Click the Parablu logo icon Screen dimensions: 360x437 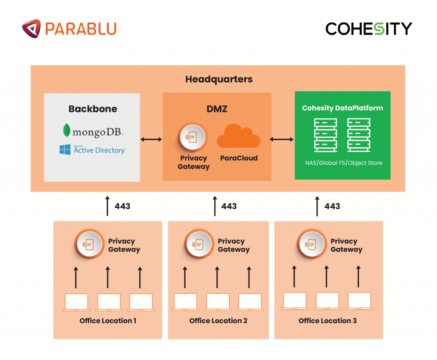(32, 29)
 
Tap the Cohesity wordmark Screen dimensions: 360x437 (369, 29)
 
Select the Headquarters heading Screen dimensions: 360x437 (218, 79)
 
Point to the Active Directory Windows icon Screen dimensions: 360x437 (65, 149)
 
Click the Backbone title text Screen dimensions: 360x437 (93, 109)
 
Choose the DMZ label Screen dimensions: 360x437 (217, 109)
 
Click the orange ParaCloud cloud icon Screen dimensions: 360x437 (239, 137)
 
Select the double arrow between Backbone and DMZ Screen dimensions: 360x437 (151, 139)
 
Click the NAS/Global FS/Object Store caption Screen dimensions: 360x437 (344, 163)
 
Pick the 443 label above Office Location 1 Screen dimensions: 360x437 (122, 206)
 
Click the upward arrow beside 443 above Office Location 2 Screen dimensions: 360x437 (215, 206)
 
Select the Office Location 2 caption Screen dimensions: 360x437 (218, 321)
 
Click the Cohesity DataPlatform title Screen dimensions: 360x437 (342, 108)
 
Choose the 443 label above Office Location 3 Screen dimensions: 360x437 (332, 206)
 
